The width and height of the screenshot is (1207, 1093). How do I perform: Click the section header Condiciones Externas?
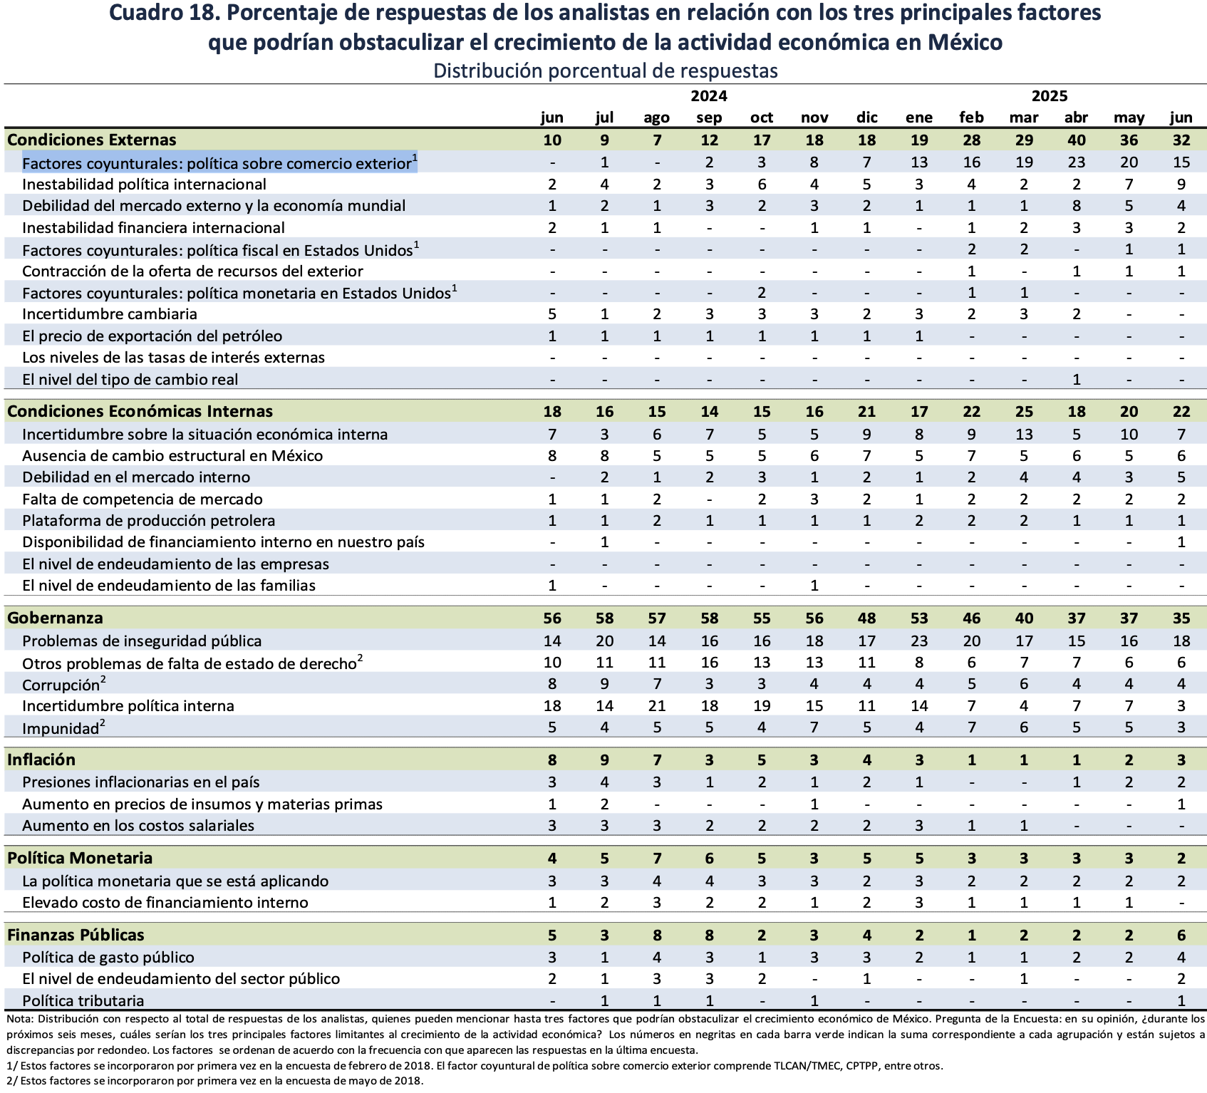coord(92,140)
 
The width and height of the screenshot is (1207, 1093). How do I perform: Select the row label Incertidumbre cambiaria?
coord(109,314)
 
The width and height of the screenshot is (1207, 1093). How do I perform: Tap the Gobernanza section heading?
coord(55,618)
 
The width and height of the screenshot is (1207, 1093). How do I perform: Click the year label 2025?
coord(1050,96)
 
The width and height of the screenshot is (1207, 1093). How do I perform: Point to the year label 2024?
coord(709,96)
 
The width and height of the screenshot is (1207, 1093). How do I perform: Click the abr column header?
coord(1076,118)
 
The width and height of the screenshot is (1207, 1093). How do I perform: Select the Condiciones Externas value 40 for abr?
coord(1076,140)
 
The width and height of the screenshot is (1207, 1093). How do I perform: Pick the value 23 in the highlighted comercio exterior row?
coord(1076,162)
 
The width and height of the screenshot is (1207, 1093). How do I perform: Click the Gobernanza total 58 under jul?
coord(604,618)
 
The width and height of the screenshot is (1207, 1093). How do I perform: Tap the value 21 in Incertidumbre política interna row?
coord(657,706)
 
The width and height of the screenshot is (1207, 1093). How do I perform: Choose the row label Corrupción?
coord(61,685)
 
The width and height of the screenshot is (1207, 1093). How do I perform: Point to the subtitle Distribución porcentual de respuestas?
coord(605,71)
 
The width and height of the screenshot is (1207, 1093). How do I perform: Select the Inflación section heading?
coord(41,760)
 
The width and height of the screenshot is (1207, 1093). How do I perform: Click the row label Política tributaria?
coord(83,1000)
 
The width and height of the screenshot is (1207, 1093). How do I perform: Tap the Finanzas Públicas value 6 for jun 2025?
coord(1181,936)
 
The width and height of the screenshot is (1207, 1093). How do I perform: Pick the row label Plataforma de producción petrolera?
coord(148,521)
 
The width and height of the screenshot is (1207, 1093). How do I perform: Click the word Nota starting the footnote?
coord(19,1020)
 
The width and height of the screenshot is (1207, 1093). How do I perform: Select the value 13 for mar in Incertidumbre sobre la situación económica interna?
coord(1024,435)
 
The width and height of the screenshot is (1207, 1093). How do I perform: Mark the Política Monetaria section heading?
coord(80,858)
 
